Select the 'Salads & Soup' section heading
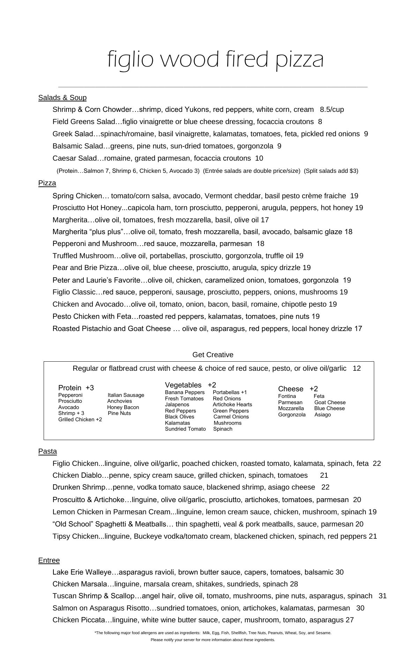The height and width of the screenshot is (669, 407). [x=62, y=98]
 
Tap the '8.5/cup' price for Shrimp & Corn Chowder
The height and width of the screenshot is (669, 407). [x=332, y=109]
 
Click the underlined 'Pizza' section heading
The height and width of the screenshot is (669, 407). [x=47, y=183]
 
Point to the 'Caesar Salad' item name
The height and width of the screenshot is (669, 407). [x=74, y=158]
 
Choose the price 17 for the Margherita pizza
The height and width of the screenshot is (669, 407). [x=265, y=220]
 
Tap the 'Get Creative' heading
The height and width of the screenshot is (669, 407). [x=213, y=355]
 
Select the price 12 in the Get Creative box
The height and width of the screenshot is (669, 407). [x=356, y=368]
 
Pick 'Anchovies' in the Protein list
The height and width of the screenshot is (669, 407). [x=119, y=401]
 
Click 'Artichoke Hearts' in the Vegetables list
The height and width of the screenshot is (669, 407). [x=232, y=405]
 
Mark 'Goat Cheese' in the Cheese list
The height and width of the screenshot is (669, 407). [x=330, y=402]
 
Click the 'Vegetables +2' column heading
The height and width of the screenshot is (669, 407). [x=190, y=385]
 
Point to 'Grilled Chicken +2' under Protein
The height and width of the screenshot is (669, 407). [x=80, y=420]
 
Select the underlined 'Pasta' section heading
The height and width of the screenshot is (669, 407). [x=47, y=451]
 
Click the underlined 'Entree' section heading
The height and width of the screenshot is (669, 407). [x=49, y=560]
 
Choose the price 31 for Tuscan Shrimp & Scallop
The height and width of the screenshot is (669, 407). [x=382, y=596]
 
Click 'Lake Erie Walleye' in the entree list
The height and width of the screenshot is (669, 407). [x=82, y=572]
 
